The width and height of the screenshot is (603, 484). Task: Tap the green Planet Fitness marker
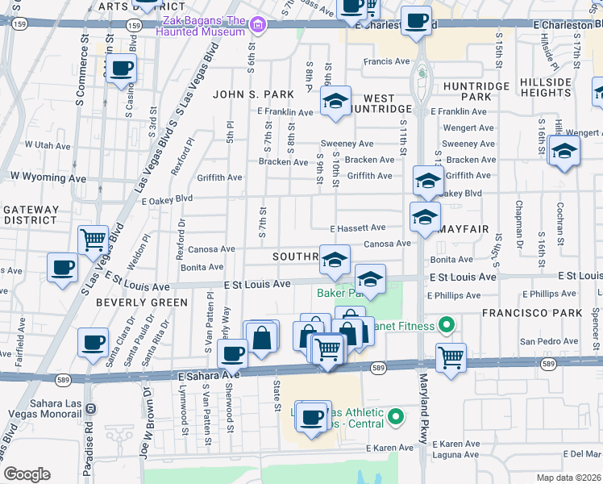(x=446, y=326)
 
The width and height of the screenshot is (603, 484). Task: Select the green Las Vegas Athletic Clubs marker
(x=395, y=417)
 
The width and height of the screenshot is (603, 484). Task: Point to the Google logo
(x=27, y=474)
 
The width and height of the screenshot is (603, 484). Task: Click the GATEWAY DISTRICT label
(x=31, y=215)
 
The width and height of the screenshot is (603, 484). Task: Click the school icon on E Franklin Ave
(x=335, y=102)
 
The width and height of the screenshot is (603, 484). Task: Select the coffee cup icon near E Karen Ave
(x=310, y=417)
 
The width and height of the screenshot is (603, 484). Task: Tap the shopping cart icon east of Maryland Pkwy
(x=451, y=357)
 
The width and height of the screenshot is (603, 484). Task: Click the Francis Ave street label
(x=387, y=61)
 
